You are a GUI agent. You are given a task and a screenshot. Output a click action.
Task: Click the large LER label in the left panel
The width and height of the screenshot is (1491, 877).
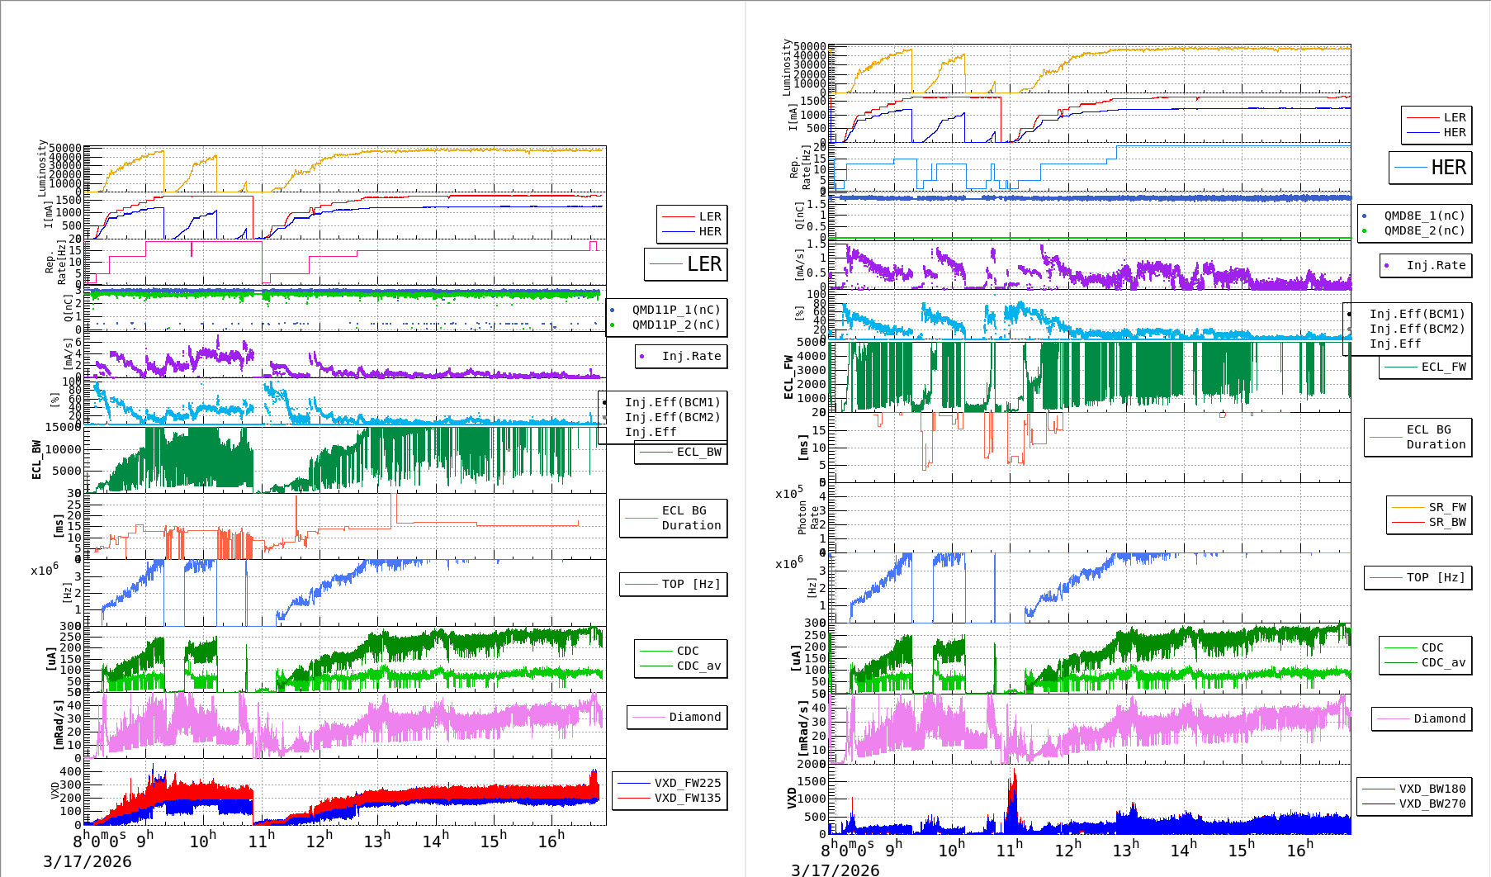703,264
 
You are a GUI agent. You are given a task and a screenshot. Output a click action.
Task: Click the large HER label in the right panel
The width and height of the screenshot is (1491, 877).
1448,168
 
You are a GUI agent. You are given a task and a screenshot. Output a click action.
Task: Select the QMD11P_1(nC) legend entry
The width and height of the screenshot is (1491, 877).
675,310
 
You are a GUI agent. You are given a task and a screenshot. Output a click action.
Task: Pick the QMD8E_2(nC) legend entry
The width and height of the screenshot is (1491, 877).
1423,230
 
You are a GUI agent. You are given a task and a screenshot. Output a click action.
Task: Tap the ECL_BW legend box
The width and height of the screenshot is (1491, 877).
698,452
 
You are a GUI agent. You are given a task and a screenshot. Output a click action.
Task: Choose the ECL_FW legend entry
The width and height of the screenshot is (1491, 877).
1443,367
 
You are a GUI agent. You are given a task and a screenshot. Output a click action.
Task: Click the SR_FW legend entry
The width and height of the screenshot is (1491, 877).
1446,507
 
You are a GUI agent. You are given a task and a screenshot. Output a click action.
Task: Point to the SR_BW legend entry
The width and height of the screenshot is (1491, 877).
1446,522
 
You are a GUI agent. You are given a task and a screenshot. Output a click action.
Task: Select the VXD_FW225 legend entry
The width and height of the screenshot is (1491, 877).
687,783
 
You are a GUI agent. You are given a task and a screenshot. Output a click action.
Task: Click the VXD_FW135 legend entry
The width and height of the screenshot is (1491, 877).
687,798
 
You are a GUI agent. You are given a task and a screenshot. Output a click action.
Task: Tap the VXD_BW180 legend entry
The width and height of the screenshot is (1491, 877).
1432,789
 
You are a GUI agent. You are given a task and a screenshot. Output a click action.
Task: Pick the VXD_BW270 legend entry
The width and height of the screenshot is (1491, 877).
1432,804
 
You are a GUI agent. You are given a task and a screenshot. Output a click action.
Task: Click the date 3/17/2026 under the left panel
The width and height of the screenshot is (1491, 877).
87,861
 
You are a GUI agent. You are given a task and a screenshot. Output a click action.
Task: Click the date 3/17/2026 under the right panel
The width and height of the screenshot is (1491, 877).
835,870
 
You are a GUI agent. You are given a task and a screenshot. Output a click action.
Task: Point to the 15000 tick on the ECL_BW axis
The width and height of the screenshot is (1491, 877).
63,427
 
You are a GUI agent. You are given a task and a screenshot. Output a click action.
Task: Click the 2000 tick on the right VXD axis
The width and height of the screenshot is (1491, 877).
810,764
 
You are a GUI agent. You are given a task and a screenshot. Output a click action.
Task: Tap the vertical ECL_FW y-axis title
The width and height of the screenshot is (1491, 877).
788,377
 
